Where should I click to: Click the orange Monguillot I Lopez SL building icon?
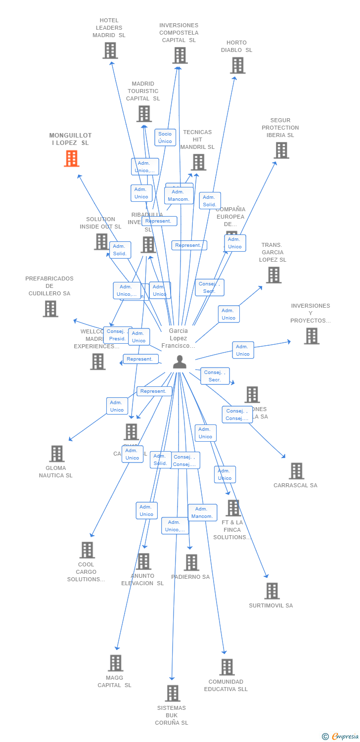pyautogui.click(x=72, y=158)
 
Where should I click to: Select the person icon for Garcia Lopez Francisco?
pyautogui.click(x=180, y=362)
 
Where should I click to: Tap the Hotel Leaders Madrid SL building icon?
pyautogui.click(x=110, y=50)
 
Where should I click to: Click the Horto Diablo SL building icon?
pyautogui.click(x=237, y=65)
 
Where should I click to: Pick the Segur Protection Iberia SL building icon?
pyautogui.click(x=281, y=150)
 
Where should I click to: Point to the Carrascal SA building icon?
pyautogui.click(x=296, y=471)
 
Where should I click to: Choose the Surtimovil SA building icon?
pyautogui.click(x=271, y=591)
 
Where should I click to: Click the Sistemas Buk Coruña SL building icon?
pyautogui.click(x=172, y=693)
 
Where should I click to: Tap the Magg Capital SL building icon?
pyautogui.click(x=115, y=663)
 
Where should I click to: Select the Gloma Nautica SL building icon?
pyautogui.click(x=56, y=454)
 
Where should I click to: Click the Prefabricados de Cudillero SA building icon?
pyautogui.click(x=50, y=309)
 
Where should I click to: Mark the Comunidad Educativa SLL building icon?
pyautogui.click(x=226, y=667)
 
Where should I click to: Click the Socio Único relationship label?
pyautogui.click(x=165, y=138)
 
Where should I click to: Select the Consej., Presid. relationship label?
pyautogui.click(x=117, y=335)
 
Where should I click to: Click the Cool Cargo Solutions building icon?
pyautogui.click(x=87, y=550)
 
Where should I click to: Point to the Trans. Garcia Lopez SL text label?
pyautogui.click(x=272, y=252)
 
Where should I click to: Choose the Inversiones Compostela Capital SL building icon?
pyautogui.click(x=180, y=55)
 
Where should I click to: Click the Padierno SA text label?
pyautogui.click(x=190, y=577)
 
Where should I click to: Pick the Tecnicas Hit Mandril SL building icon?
pyautogui.click(x=198, y=162)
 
